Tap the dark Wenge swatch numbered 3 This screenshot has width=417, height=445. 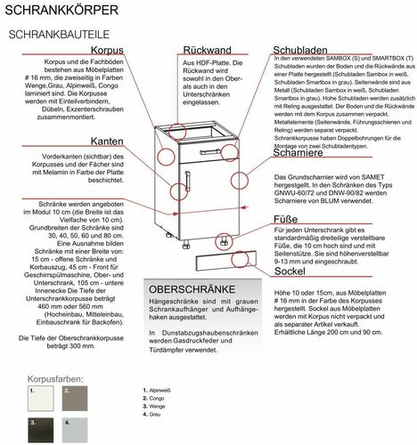coord(41,433)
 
